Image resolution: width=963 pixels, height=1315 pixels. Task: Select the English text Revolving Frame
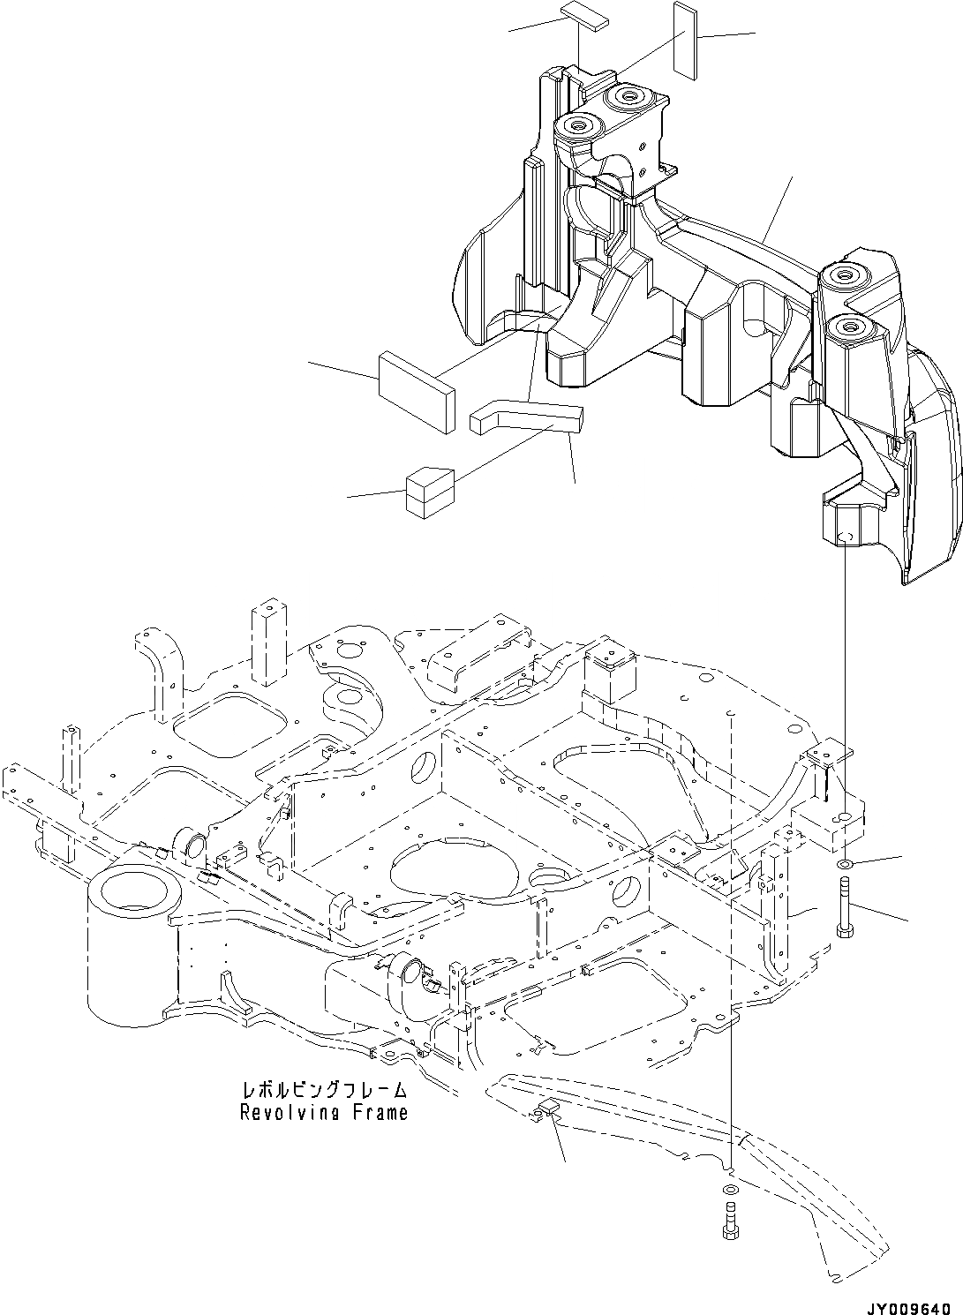coord(324,1113)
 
